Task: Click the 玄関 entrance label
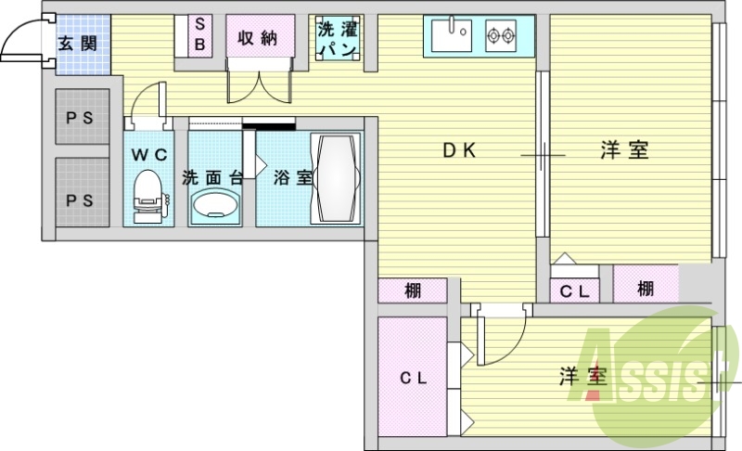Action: tap(78, 44)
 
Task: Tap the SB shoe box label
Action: tap(200, 34)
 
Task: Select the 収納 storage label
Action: tap(257, 38)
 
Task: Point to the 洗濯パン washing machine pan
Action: tap(338, 38)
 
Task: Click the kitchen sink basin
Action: tap(452, 34)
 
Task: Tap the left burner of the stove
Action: tap(494, 35)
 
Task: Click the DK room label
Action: tap(459, 150)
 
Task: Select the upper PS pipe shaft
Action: tap(83, 116)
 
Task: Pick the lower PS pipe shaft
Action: tap(83, 192)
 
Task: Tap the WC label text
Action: tap(149, 154)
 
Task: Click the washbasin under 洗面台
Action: tap(215, 206)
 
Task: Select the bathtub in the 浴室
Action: tap(336, 178)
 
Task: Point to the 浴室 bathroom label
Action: tap(292, 178)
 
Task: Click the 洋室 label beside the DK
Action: tap(624, 150)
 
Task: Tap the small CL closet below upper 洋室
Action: tap(575, 290)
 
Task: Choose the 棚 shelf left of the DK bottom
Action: tap(413, 290)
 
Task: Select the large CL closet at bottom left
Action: tap(413, 377)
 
